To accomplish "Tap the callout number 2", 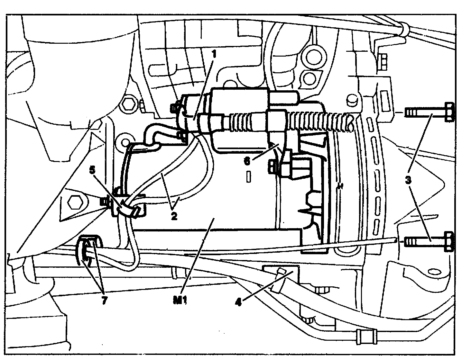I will tap(174, 216).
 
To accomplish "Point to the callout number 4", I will tap(238, 302).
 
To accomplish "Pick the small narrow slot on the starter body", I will tap(248, 177).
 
